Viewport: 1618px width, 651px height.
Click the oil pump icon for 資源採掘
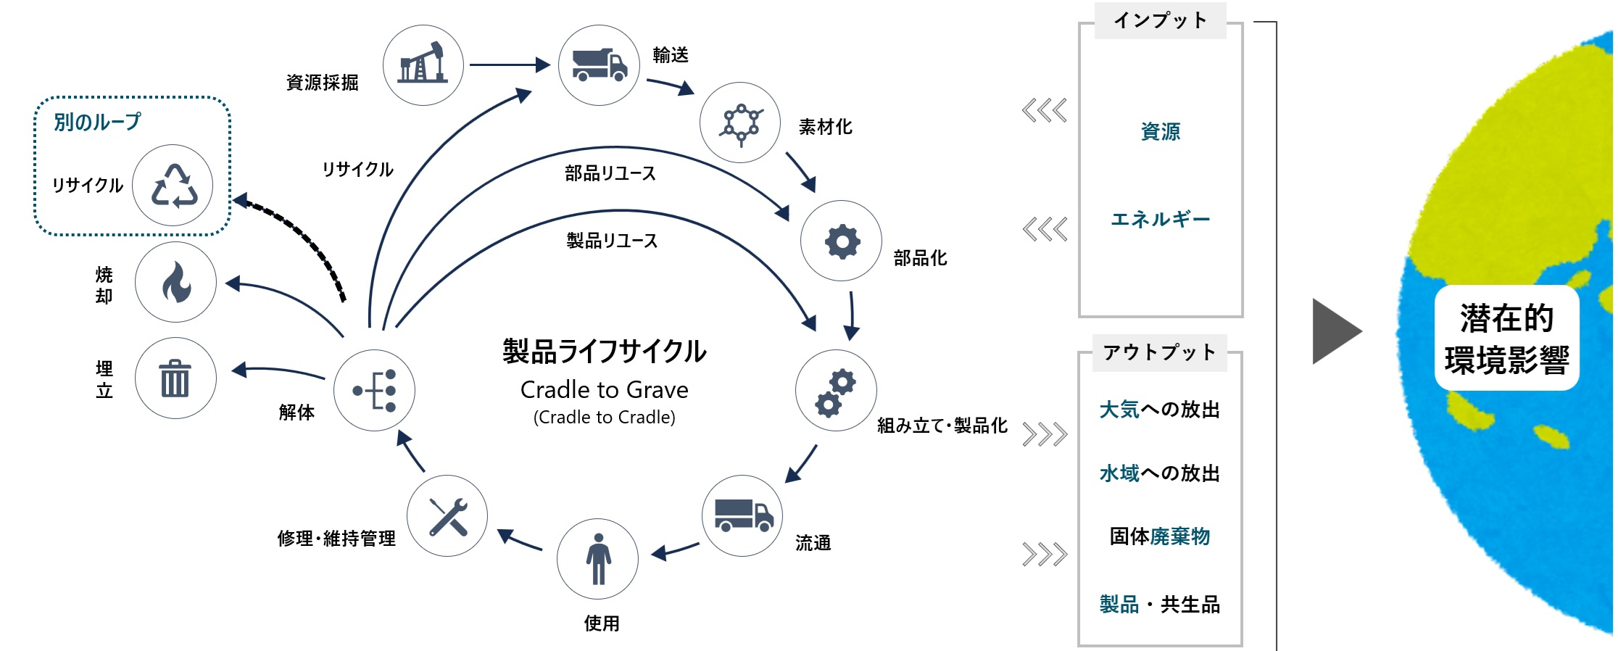click(423, 65)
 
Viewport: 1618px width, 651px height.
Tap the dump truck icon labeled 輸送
click(599, 65)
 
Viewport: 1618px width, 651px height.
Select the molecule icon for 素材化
click(740, 123)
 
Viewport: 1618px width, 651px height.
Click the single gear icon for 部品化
click(841, 241)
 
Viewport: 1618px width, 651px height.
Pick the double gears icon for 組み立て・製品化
click(836, 391)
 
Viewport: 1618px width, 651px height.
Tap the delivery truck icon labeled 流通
click(743, 515)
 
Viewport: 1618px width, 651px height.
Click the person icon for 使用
click(598, 559)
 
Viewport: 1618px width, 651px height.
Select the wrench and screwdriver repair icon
click(447, 516)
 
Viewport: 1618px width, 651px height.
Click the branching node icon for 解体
click(375, 390)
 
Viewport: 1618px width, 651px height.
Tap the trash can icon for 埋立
click(175, 378)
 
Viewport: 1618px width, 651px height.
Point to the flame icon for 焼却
click(175, 282)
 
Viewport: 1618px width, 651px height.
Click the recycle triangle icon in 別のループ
click(173, 186)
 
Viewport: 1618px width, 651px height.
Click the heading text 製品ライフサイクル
click(604, 352)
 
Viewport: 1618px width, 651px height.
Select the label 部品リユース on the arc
click(610, 173)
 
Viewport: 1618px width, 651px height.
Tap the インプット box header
click(1160, 20)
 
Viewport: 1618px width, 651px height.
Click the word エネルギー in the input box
click(1160, 219)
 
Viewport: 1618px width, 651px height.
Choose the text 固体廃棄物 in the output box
click(1160, 536)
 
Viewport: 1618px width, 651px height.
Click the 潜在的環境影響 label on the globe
click(1506, 339)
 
